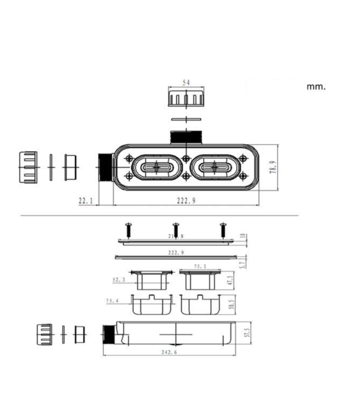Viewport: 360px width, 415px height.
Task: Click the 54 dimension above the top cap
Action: coord(186,82)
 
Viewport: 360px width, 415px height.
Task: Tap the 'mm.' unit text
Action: coord(316,86)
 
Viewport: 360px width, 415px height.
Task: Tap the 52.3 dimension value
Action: coord(119,281)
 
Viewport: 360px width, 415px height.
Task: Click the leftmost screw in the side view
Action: coord(128,227)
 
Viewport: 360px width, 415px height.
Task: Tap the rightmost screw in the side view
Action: coord(224,227)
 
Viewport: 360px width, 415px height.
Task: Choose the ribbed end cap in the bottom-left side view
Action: coord(44,334)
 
